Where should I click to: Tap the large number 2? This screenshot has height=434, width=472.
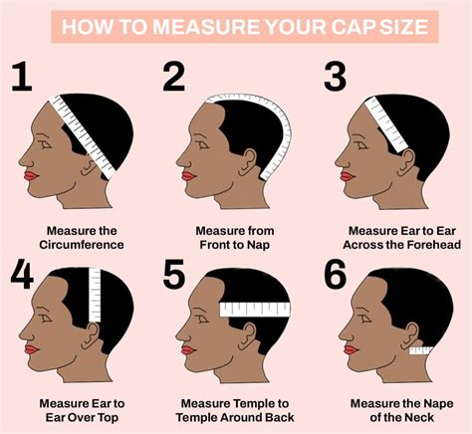pyautogui.click(x=175, y=77)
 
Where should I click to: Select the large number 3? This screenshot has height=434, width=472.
pyautogui.click(x=335, y=77)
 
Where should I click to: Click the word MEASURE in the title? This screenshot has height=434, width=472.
pyautogui.click(x=199, y=25)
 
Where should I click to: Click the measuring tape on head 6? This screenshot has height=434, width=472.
pyautogui.click(x=418, y=349)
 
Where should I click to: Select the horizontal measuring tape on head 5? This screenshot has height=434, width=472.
pyautogui.click(x=254, y=309)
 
